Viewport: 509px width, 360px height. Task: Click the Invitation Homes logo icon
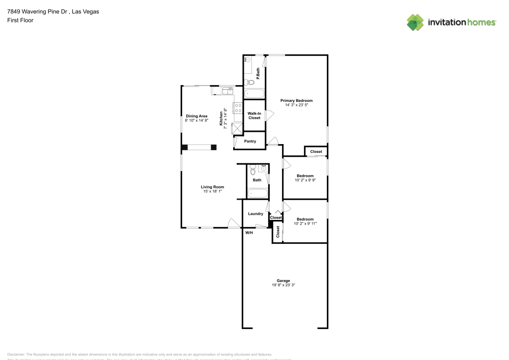[x=415, y=22]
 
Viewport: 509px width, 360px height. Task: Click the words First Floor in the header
[x=20, y=20]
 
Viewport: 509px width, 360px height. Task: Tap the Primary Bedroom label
[x=296, y=100]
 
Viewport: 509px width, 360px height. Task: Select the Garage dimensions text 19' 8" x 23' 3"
[x=283, y=285]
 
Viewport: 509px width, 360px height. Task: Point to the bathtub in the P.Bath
[x=254, y=94]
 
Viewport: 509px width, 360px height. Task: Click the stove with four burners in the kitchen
[x=237, y=107]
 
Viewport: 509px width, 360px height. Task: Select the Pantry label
[x=250, y=141]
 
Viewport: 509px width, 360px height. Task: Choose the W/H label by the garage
[x=249, y=233]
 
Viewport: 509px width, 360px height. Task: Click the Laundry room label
[x=255, y=214]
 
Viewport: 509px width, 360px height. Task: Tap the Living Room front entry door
[x=233, y=223]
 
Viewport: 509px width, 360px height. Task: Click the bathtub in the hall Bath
[x=257, y=193]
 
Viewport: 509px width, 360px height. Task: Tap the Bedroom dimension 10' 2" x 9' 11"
[x=305, y=223]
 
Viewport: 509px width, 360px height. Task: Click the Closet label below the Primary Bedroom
[x=316, y=151]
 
